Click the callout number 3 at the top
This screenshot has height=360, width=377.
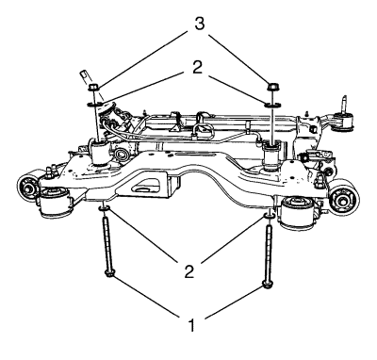click(x=199, y=24)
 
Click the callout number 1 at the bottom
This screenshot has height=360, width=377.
click(x=191, y=325)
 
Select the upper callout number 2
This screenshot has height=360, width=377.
click(x=197, y=67)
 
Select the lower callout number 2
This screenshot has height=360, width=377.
click(x=189, y=271)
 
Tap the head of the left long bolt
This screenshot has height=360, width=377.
click(x=109, y=274)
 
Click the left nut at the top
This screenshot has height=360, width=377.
click(x=92, y=87)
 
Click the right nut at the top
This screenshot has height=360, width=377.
click(x=272, y=86)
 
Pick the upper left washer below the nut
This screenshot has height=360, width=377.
click(x=93, y=104)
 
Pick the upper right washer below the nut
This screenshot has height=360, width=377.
click(x=272, y=105)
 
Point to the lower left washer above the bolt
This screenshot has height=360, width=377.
click(x=104, y=208)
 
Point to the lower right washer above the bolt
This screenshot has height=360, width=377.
click(x=269, y=217)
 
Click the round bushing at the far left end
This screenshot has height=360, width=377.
click(x=28, y=188)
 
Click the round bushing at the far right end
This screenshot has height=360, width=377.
click(x=345, y=198)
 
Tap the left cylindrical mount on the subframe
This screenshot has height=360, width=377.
click(x=99, y=152)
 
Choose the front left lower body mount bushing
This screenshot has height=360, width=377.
click(x=54, y=202)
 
